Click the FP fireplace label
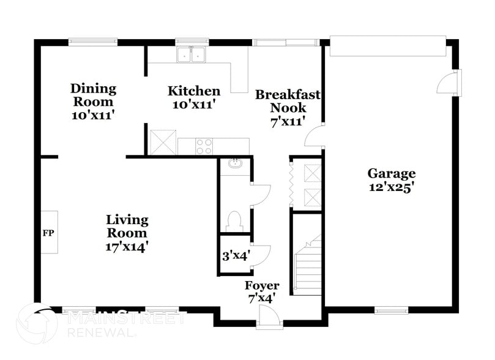pyautogui.click(x=49, y=233)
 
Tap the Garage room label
pyautogui.click(x=392, y=173)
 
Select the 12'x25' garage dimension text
pyautogui.click(x=392, y=187)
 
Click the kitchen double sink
pyautogui.click(x=192, y=56)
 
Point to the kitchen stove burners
pyautogui.click(x=204, y=146)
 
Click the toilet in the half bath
pyautogui.click(x=235, y=219)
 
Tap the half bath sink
pyautogui.click(x=235, y=163)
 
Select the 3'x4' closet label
pyautogui.click(x=235, y=256)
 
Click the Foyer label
pyautogui.click(x=262, y=286)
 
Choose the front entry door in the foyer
pyautogui.click(x=268, y=317)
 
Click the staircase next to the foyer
pyautogui.click(x=308, y=264)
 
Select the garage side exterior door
pyautogui.click(x=453, y=83)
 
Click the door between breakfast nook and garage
pyautogui.click(x=315, y=135)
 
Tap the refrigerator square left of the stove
pyautogui.click(x=163, y=142)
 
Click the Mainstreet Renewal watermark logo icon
pyautogui.click(x=38, y=323)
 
